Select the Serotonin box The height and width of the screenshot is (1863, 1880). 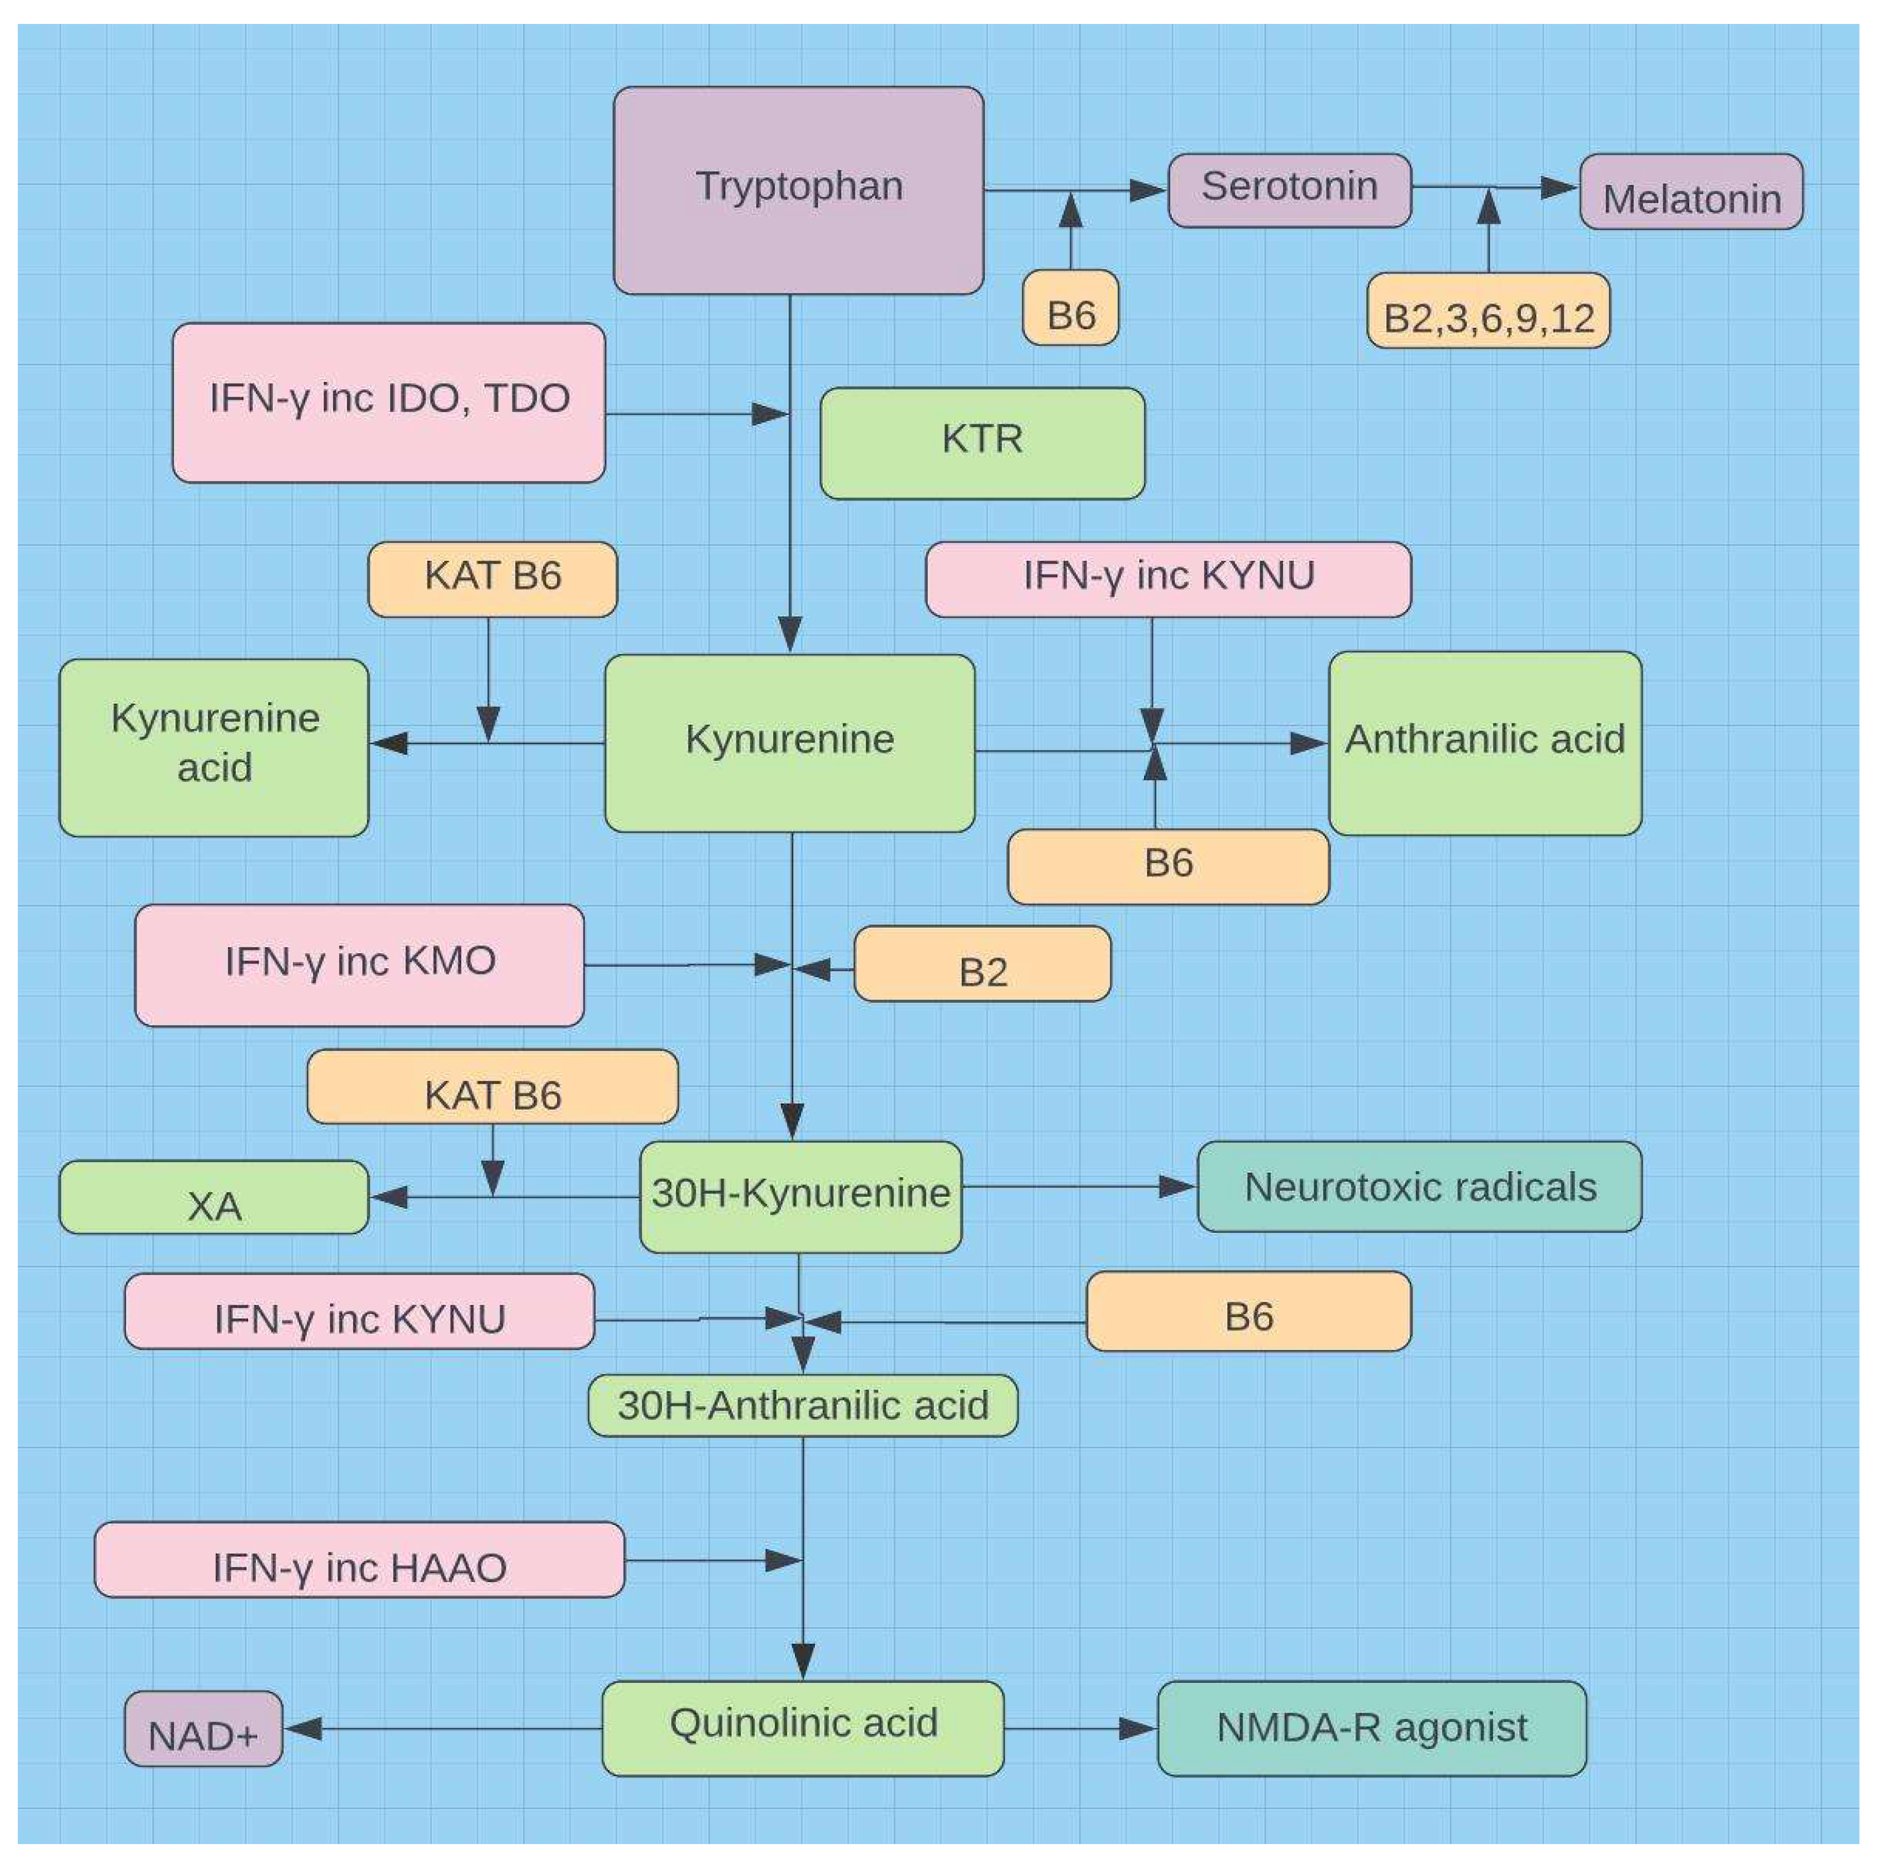pos(1289,190)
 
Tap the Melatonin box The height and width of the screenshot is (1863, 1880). pos(1691,192)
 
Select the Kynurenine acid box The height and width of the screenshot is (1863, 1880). pos(214,747)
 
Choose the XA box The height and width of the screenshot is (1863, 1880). pos(214,1197)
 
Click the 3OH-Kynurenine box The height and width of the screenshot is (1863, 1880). pos(800,1196)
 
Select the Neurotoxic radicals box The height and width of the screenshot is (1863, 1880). pos(1420,1187)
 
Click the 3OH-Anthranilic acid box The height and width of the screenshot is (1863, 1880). pos(803,1405)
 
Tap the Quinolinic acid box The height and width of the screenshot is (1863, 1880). pos(803,1728)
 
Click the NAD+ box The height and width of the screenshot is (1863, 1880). pos(203,1728)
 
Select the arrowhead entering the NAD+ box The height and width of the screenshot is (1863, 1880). pos(302,1728)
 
